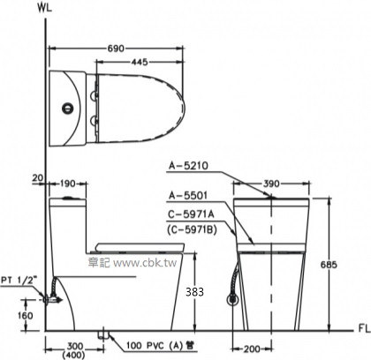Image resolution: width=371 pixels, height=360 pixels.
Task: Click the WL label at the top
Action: (x=45, y=8)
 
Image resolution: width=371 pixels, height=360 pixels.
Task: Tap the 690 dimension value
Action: (x=116, y=49)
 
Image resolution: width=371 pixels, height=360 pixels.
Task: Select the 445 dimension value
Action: (x=140, y=62)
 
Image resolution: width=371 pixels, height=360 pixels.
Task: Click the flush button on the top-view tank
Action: (x=68, y=109)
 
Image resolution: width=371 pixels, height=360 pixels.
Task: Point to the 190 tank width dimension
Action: (x=67, y=184)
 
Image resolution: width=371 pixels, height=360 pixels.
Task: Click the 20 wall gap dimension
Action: (x=38, y=177)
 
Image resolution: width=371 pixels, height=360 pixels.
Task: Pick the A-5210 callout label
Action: (x=188, y=166)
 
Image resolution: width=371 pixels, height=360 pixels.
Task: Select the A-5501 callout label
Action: (x=188, y=195)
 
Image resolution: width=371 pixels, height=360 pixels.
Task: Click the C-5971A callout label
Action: (x=191, y=214)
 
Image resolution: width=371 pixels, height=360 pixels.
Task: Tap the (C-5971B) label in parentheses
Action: (x=192, y=229)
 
